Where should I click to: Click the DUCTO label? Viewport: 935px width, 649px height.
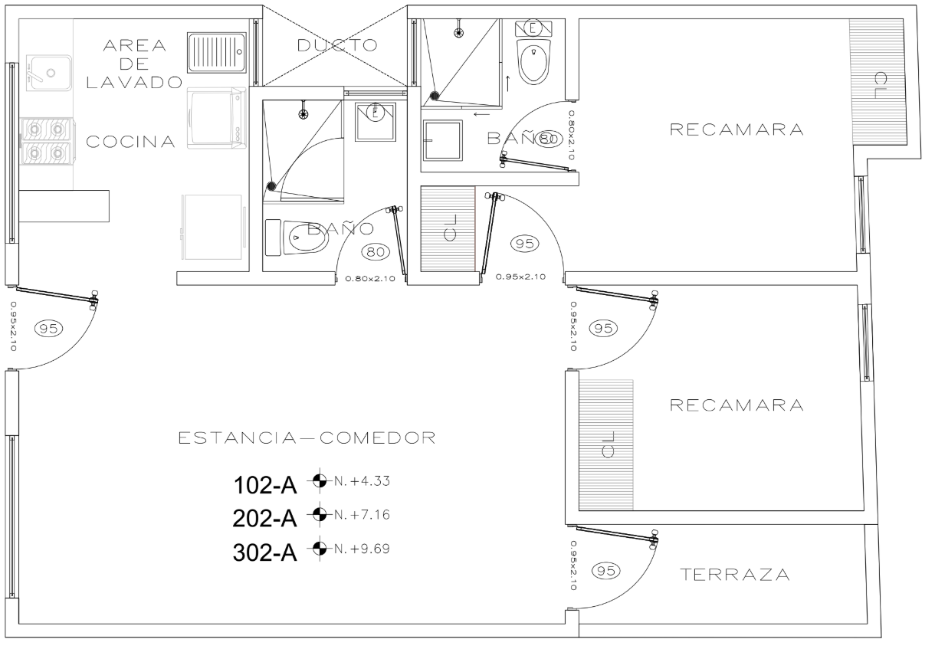click(337, 45)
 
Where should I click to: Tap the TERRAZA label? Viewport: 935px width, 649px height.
click(735, 575)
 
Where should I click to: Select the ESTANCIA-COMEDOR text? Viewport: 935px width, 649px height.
click(307, 439)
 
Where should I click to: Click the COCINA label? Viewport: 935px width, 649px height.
click(130, 143)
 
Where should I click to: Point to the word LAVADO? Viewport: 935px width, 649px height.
click(133, 83)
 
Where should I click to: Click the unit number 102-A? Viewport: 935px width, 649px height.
click(265, 486)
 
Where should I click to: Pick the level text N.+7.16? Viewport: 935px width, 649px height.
click(363, 514)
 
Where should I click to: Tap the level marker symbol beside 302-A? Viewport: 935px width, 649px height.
click(320, 548)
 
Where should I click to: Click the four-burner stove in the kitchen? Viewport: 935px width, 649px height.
click(47, 141)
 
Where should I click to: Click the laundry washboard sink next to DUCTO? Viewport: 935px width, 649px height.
click(217, 53)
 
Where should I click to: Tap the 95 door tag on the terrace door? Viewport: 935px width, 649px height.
click(606, 570)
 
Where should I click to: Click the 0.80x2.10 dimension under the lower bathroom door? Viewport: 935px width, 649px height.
click(369, 279)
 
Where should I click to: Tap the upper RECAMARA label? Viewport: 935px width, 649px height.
click(737, 130)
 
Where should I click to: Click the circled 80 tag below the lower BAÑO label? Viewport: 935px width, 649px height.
click(375, 251)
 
